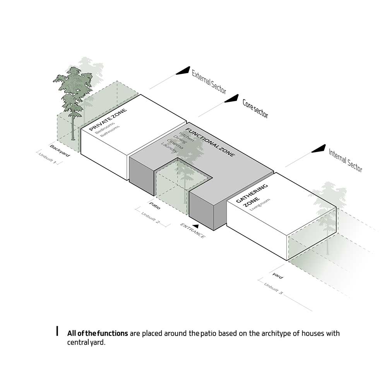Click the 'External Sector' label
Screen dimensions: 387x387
[209, 82]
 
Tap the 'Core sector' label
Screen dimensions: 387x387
[255, 109]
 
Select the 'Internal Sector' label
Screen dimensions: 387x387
[345, 161]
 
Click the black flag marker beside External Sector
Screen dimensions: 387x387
[183, 70]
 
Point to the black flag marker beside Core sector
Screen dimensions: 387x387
[231, 98]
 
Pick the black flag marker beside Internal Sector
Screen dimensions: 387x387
[319, 149]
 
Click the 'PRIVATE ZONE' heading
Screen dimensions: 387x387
[108, 120]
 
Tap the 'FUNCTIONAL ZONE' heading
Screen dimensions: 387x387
[210, 142]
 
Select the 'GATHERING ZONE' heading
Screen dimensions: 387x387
[252, 195]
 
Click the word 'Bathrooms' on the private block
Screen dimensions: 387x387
[110, 131]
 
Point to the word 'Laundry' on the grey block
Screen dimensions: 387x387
[170, 147]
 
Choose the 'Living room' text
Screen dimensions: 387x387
[260, 205]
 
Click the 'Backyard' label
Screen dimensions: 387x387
[60, 151]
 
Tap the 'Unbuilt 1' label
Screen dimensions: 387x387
[47, 158]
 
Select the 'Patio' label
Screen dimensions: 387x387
[155, 205]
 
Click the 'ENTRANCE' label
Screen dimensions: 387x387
[192, 231]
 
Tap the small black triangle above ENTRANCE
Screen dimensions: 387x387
[196, 226]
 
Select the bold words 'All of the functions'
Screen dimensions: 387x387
[98, 334]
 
